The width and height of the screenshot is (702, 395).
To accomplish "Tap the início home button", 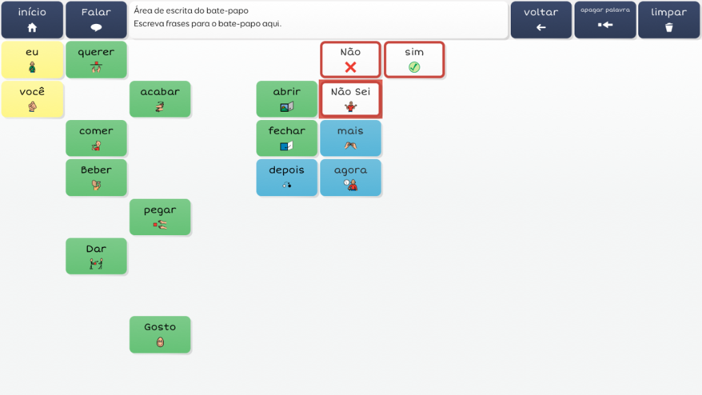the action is (32, 20).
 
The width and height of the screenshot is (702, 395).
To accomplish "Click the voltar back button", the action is (541, 20).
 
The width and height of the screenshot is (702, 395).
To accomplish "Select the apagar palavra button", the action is (605, 20).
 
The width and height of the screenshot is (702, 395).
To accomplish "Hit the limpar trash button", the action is (669, 20).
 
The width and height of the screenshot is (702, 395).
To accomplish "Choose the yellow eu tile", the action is (32, 60).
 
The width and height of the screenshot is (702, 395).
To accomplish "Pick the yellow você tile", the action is (32, 99).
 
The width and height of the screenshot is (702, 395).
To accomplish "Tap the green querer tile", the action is (96, 60).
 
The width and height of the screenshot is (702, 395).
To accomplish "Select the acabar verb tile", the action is (160, 99).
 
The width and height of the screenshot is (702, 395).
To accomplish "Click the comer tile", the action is (96, 139).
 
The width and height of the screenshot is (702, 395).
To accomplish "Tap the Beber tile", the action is (96, 178).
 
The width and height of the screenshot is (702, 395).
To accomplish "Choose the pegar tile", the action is (160, 217).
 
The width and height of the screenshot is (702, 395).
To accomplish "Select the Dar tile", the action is (96, 256).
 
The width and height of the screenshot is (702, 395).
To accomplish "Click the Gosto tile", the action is (160, 335).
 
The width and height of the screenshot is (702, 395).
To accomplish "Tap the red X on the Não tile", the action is (350, 67).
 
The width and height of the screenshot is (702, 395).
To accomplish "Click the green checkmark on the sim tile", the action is (414, 67).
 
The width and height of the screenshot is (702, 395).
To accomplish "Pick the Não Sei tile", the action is (350, 99).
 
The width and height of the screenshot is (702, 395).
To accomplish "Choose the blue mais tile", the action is (350, 139).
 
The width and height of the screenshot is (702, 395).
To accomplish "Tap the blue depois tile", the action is (287, 178).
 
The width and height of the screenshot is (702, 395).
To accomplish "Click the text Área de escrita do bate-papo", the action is (191, 11).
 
